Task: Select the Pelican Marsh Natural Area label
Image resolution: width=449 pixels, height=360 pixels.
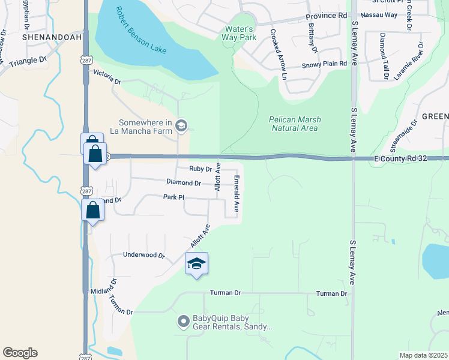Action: [295, 124]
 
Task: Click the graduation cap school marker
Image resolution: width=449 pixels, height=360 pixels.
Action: [196, 264]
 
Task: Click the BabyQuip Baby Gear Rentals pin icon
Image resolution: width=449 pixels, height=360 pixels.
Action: [183, 322]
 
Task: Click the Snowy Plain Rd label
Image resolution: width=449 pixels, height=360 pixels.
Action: [324, 64]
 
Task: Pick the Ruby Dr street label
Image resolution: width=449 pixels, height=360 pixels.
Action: [200, 169]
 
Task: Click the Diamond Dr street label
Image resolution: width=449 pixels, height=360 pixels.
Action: [184, 182]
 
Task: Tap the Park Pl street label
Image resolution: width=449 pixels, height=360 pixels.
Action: [172, 197]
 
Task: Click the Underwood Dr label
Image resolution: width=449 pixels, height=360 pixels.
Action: [143, 255]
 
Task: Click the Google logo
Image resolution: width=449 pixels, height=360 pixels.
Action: [20, 353]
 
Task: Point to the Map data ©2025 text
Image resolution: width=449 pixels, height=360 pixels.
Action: [423, 355]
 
